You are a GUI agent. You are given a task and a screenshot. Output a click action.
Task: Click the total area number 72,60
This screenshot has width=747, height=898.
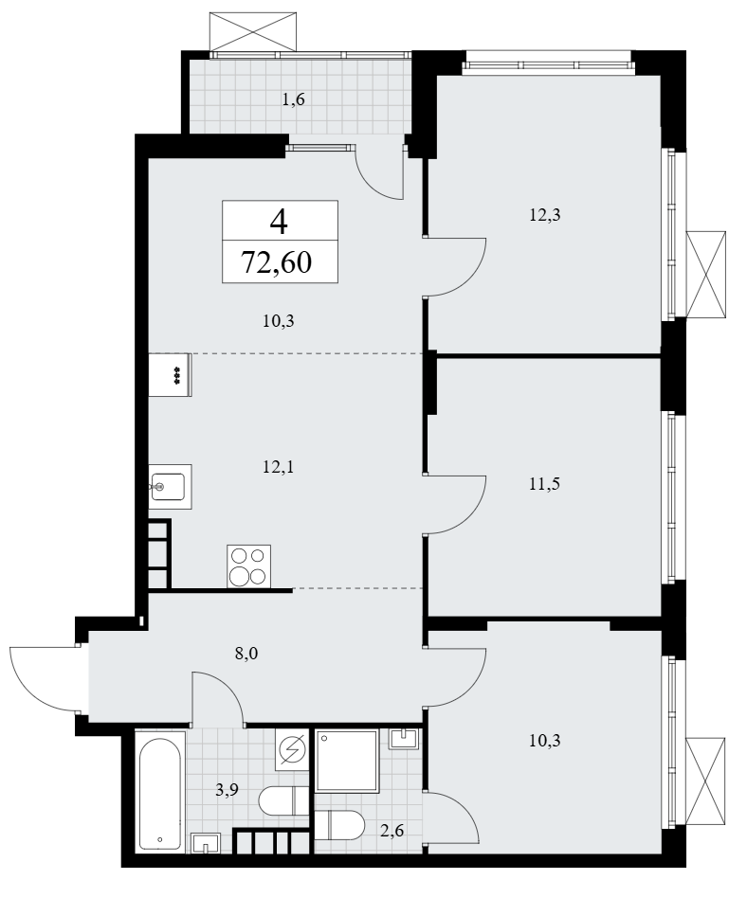(x=277, y=262)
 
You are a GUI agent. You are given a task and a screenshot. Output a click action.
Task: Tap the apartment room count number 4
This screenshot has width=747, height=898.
(x=280, y=222)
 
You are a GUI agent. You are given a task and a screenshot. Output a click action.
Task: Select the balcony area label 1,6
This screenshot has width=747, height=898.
(x=294, y=99)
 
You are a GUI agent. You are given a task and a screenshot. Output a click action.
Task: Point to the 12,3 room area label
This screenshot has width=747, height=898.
(x=545, y=215)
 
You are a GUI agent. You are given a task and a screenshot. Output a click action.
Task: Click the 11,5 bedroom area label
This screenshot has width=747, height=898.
(x=545, y=484)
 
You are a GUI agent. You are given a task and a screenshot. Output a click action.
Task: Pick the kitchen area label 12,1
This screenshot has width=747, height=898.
(x=278, y=467)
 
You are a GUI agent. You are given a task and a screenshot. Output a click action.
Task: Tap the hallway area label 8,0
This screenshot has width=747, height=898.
(x=246, y=653)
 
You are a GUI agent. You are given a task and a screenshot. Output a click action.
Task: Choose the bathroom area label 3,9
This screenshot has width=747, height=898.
(x=227, y=790)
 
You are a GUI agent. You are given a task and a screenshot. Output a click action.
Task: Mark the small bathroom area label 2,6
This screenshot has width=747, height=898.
(x=392, y=829)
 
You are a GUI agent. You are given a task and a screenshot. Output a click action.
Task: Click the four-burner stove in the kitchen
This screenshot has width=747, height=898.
(x=248, y=566)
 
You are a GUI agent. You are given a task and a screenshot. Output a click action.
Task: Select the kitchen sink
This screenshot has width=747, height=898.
(x=171, y=487)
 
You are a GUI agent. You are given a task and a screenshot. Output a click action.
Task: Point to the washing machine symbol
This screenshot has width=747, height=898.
(x=292, y=749)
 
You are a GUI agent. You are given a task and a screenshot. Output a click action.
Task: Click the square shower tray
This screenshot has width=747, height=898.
(x=347, y=762)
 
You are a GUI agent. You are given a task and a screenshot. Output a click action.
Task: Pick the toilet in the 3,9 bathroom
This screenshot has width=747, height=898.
(x=283, y=800)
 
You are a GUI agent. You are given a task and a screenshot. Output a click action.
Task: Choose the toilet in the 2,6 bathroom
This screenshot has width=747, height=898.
(x=339, y=825)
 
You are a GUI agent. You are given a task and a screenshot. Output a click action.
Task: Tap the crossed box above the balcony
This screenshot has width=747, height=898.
(x=253, y=30)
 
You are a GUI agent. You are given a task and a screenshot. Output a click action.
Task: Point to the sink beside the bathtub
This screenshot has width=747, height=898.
(x=206, y=843)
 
